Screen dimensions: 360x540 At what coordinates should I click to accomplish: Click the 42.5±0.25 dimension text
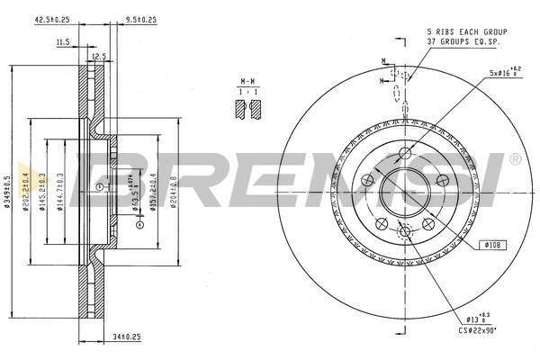[x=52, y=17]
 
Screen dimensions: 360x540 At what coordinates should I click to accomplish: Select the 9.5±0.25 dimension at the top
[x=140, y=17]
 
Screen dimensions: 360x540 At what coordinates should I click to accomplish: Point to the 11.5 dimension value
[x=63, y=42]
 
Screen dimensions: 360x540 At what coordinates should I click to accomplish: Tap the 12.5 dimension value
[x=99, y=56]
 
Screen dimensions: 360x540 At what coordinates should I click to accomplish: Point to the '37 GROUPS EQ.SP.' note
[x=463, y=41]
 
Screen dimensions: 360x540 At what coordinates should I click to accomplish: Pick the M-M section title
[x=247, y=79]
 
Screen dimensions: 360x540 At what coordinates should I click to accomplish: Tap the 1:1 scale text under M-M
[x=247, y=92]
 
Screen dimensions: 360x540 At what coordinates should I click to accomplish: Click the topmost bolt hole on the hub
[x=405, y=150]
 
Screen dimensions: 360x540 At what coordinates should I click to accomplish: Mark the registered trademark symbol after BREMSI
[x=515, y=159]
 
